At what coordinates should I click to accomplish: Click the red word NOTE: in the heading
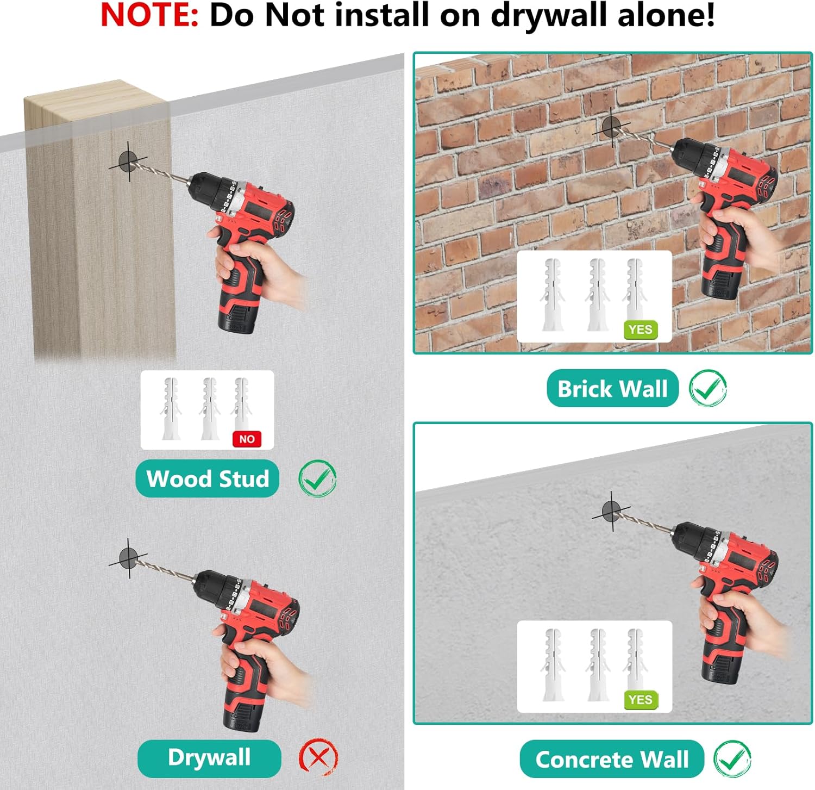coord(149,15)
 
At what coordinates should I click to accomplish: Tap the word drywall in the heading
coord(549,16)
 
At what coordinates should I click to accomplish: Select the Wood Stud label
coord(208,478)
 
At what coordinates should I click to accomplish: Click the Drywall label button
coord(209,758)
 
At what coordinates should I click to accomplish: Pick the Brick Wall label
coord(612,388)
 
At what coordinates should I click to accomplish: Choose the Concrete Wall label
coord(612,759)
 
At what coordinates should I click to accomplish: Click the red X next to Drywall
coord(318,757)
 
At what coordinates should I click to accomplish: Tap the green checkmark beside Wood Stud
coord(317,478)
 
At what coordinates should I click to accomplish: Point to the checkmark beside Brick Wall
coord(708,388)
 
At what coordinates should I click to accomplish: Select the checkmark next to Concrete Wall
coord(732,759)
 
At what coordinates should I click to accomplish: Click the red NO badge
coord(247,439)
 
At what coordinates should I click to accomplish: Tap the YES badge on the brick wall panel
coord(641,329)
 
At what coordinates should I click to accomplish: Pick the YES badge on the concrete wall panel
coord(641,700)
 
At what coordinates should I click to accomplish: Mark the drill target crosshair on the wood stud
coord(129,161)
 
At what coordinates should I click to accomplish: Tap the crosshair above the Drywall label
coord(129,558)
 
